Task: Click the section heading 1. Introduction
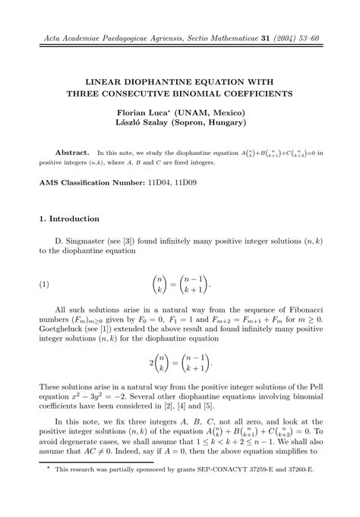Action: (68, 219)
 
